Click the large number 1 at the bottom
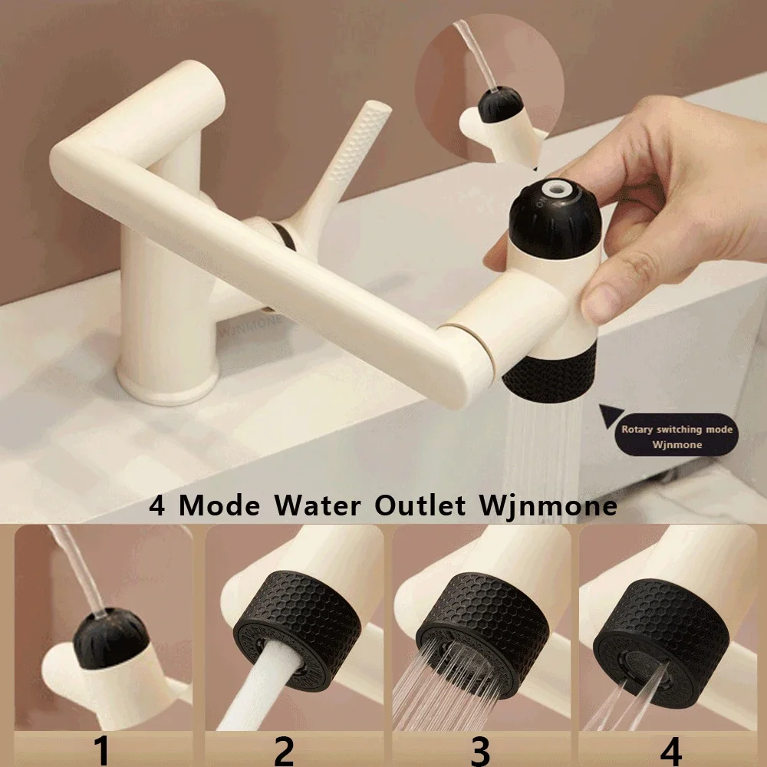tap(102, 750)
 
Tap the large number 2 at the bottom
tap(284, 750)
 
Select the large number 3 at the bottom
tap(480, 750)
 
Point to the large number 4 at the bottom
tap(670, 750)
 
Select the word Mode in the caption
tap(224, 507)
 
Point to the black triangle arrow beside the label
tap(611, 417)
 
